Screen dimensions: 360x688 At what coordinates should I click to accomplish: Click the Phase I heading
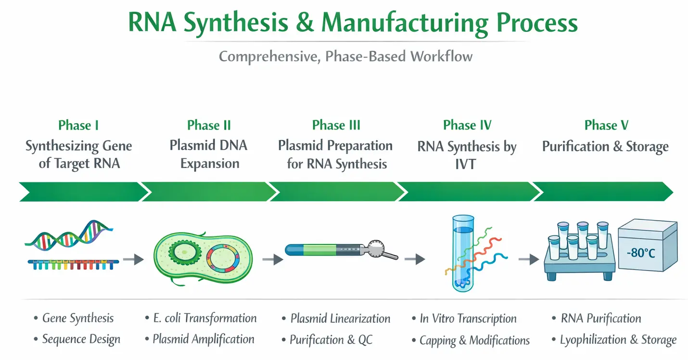[x=78, y=126]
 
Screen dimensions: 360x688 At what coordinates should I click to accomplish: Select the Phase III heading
[x=336, y=125]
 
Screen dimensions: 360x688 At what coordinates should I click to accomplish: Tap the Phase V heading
[x=606, y=126]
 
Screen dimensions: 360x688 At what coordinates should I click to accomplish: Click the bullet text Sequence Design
[x=81, y=339]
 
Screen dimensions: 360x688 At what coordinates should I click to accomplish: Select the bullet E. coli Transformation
[x=204, y=318]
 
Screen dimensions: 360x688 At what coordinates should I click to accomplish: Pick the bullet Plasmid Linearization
[x=340, y=319]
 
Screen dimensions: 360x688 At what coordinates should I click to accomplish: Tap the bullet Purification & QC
[x=331, y=340]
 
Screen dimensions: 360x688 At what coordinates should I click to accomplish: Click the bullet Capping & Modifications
[x=474, y=340]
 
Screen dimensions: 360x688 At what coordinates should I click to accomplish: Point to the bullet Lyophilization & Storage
[x=618, y=340]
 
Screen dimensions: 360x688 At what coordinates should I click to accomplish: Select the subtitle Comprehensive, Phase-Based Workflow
[x=345, y=56]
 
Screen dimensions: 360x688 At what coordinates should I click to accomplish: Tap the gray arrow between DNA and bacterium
[x=133, y=259]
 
